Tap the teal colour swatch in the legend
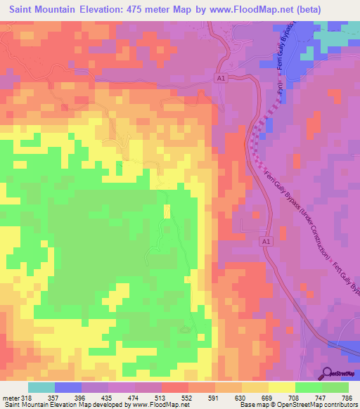[41, 387]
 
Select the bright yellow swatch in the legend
[281, 387]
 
